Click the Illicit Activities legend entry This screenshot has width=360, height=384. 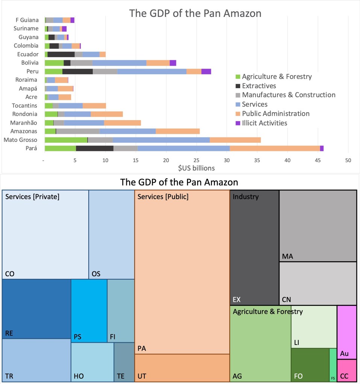(265, 123)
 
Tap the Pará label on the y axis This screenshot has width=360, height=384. (31, 148)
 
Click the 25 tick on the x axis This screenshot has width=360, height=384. (197, 161)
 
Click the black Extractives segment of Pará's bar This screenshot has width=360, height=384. (95, 148)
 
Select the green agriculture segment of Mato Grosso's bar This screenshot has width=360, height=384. (66, 140)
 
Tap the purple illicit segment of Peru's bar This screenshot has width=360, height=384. (206, 71)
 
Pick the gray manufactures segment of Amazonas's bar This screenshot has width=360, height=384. (78, 131)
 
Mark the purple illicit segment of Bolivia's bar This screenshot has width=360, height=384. (173, 63)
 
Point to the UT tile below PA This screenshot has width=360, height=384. (182, 368)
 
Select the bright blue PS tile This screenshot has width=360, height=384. (89, 311)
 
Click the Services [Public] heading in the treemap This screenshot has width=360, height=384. (163, 196)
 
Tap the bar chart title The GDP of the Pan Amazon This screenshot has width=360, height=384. (195, 14)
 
